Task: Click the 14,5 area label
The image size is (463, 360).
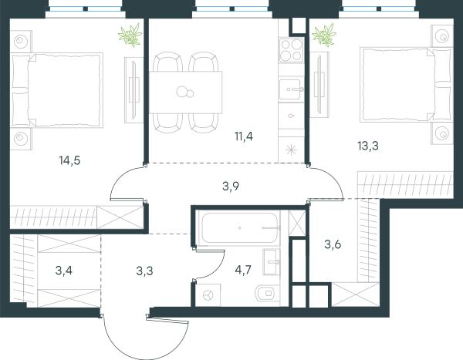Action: pos(69,160)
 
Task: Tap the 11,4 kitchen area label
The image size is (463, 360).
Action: pos(244,136)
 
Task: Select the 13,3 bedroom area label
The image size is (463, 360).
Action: pos(368,146)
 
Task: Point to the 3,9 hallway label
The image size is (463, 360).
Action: pos(231,187)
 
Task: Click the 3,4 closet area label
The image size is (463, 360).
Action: pos(64,271)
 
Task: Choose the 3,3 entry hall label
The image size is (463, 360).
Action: pos(145,271)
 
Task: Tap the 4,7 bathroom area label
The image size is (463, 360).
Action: pos(243,270)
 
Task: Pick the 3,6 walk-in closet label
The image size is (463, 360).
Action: pos(333,244)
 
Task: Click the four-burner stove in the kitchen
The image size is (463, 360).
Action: pos(291,50)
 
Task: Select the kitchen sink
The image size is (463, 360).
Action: pos(291,89)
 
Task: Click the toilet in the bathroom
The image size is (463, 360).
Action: pos(265,293)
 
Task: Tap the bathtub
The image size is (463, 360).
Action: pos(239,228)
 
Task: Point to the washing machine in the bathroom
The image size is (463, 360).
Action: pos(208,294)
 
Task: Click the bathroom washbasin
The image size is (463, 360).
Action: pos(272,262)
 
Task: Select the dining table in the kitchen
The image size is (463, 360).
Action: pos(185,92)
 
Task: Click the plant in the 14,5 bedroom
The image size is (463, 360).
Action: pos(130,35)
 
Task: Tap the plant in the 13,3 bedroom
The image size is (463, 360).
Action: pos(324,35)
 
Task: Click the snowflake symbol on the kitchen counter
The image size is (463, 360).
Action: pos(291,150)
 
